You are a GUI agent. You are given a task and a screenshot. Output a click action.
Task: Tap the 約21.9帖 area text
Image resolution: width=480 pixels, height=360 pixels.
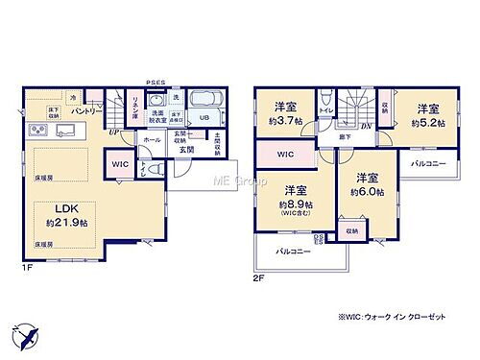coord(66,224)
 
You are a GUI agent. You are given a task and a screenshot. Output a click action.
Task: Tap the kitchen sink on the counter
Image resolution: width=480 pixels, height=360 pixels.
coord(68,131)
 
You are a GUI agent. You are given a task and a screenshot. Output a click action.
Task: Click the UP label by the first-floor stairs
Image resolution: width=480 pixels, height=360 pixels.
coord(113,132)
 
